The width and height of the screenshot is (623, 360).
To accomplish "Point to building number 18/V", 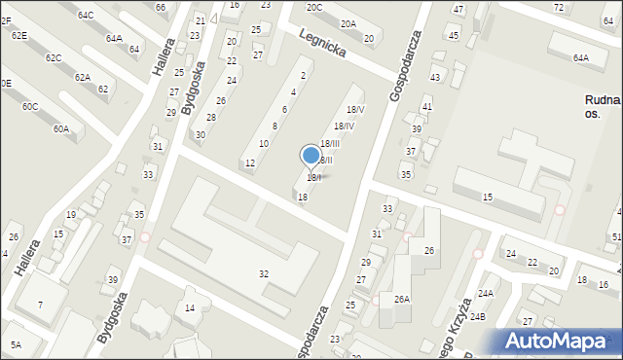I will point(355,110).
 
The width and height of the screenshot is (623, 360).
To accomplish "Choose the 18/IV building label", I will point(344,126).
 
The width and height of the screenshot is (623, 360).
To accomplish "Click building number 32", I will point(264,274).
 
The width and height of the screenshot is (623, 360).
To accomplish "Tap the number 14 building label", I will point(190,308).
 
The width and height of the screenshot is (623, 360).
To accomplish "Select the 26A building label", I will point(401,299).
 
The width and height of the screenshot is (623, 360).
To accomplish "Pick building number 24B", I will point(478,316).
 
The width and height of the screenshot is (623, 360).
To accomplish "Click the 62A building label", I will point(83,77).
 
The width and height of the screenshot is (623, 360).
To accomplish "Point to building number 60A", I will point(61,128).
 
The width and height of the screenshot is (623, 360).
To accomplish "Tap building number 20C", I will point(313,8).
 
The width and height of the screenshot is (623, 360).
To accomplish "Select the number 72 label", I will point(558,8).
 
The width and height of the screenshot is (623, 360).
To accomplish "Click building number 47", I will point(458,9).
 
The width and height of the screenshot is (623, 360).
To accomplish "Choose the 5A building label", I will point(16,344).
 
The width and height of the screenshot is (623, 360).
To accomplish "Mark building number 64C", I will point(86,16).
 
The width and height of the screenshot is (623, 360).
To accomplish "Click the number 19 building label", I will point(71,215).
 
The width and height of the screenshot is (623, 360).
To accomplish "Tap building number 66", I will point(161,8).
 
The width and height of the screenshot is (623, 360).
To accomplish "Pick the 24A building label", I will point(485,293).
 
